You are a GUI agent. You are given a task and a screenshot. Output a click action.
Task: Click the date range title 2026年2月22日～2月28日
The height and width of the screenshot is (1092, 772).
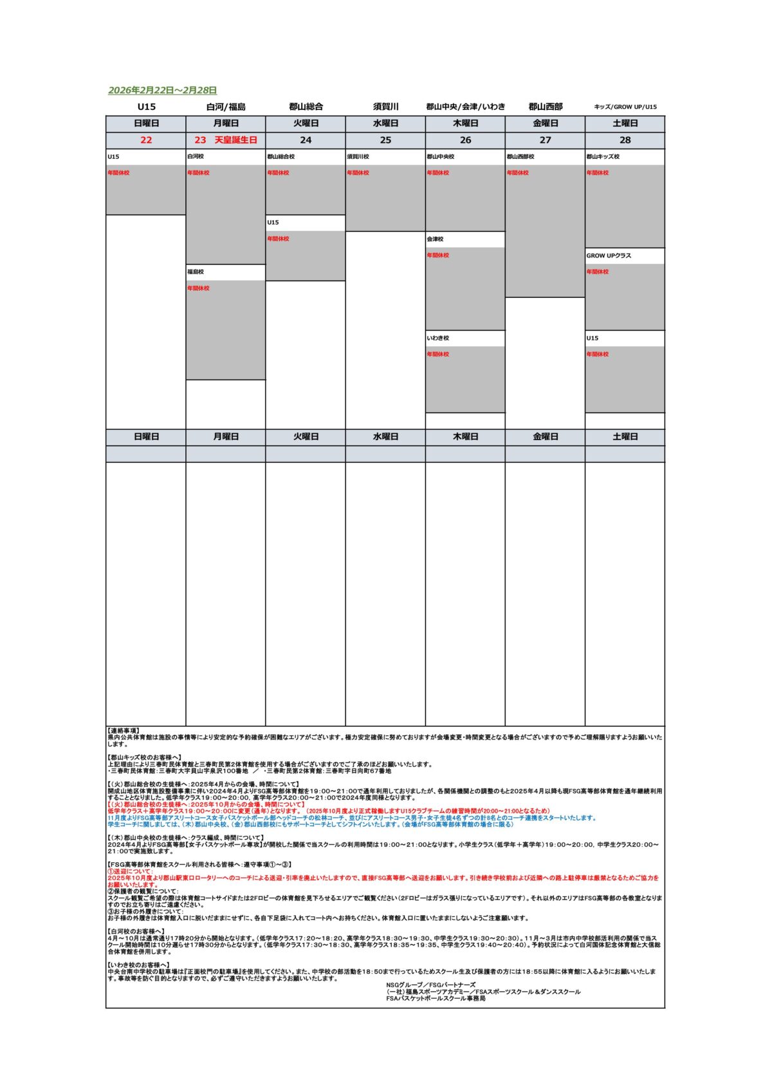[x=162, y=91]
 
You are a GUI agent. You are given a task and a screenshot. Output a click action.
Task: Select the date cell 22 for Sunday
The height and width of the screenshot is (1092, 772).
[x=146, y=140]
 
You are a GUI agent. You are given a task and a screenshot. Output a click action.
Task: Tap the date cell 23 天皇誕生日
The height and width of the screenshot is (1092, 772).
[x=226, y=140]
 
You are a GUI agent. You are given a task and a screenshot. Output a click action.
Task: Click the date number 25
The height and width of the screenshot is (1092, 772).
[x=385, y=140]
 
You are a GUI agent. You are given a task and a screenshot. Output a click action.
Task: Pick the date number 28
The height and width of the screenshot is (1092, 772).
[x=625, y=140]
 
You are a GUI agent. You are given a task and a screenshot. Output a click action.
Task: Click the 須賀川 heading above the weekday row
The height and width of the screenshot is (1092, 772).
[x=386, y=107]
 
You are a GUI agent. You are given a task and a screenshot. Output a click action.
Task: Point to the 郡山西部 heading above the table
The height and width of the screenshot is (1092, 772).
[x=546, y=107]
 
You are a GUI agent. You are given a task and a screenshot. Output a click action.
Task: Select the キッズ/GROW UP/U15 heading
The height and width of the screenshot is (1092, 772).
[x=625, y=107]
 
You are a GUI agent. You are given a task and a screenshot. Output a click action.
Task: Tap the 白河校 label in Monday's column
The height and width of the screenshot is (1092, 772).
[x=196, y=157]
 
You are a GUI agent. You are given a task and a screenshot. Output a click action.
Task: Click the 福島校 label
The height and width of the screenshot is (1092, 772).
[x=196, y=272]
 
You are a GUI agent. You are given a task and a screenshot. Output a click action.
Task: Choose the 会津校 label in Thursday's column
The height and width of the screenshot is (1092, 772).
[x=435, y=239]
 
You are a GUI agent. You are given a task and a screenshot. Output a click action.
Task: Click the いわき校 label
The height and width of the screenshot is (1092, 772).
[x=437, y=338]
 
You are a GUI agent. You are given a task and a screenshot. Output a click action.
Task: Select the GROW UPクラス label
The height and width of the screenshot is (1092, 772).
[x=609, y=256]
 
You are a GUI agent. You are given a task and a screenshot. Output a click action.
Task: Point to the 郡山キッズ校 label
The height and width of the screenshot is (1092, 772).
[x=603, y=157]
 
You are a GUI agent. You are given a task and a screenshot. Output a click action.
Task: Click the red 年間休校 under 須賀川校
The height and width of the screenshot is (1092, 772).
[x=358, y=173]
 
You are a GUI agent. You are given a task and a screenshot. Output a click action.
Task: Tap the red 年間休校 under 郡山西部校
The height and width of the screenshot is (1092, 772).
[x=517, y=173]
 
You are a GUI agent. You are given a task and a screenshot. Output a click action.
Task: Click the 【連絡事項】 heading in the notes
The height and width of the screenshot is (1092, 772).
[x=123, y=731]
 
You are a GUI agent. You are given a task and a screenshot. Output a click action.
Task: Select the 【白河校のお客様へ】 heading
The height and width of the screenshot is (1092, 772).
[x=136, y=931]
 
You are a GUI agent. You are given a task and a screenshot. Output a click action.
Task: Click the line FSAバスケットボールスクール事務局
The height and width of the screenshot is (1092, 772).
[x=436, y=999]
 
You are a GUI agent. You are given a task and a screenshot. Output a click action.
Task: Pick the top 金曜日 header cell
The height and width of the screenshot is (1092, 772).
[x=546, y=124]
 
